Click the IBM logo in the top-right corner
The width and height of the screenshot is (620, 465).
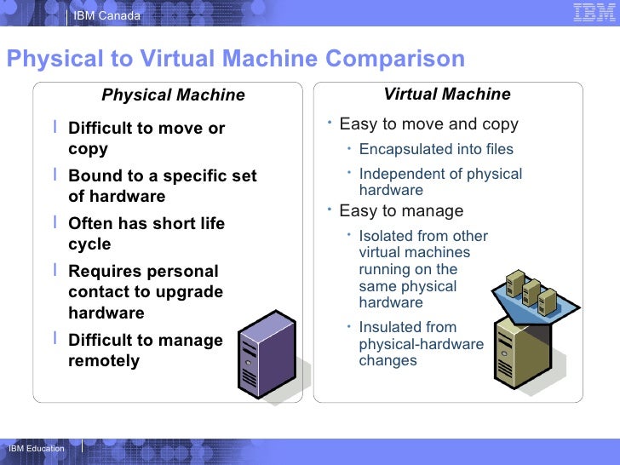pos(589,13)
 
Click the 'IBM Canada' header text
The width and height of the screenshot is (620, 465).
pos(106,15)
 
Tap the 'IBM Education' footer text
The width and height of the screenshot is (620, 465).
pos(36,449)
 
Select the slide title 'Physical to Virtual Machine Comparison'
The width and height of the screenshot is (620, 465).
pos(235,59)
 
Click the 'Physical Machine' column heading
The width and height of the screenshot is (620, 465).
pos(173,95)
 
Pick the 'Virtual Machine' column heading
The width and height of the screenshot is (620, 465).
pos(447,95)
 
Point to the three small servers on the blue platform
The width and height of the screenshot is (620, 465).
pos(531,290)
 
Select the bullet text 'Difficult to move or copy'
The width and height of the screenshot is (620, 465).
pos(146,139)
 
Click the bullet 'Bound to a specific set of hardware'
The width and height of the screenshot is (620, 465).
pos(162,187)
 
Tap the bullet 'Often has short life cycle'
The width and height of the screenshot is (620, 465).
pos(146,234)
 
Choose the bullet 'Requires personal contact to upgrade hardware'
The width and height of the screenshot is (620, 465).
pos(146,292)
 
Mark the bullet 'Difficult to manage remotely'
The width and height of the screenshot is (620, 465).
pos(145,350)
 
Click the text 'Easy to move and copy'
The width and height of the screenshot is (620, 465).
pos(428,124)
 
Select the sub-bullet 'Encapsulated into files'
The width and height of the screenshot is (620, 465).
pos(436,150)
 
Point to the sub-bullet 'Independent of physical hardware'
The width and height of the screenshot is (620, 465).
pos(440,182)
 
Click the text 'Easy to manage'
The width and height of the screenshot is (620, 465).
pos(401,211)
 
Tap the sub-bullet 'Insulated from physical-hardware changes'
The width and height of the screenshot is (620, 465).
pos(421,343)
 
